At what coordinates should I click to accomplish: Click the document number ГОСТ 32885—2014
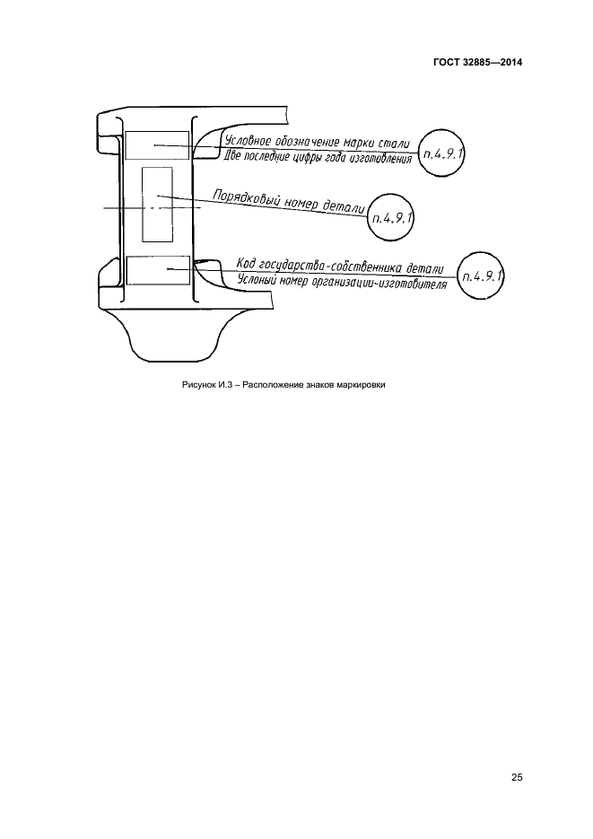(x=477, y=62)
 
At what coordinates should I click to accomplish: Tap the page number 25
(x=517, y=777)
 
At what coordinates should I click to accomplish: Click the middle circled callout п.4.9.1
(x=391, y=218)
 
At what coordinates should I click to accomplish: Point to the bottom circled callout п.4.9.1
(x=482, y=276)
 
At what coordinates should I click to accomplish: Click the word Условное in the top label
(x=246, y=141)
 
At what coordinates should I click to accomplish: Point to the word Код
(x=246, y=263)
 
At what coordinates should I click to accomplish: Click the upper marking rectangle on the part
(x=157, y=145)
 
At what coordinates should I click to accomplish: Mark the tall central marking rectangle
(x=157, y=205)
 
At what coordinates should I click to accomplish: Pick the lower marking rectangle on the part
(x=158, y=270)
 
